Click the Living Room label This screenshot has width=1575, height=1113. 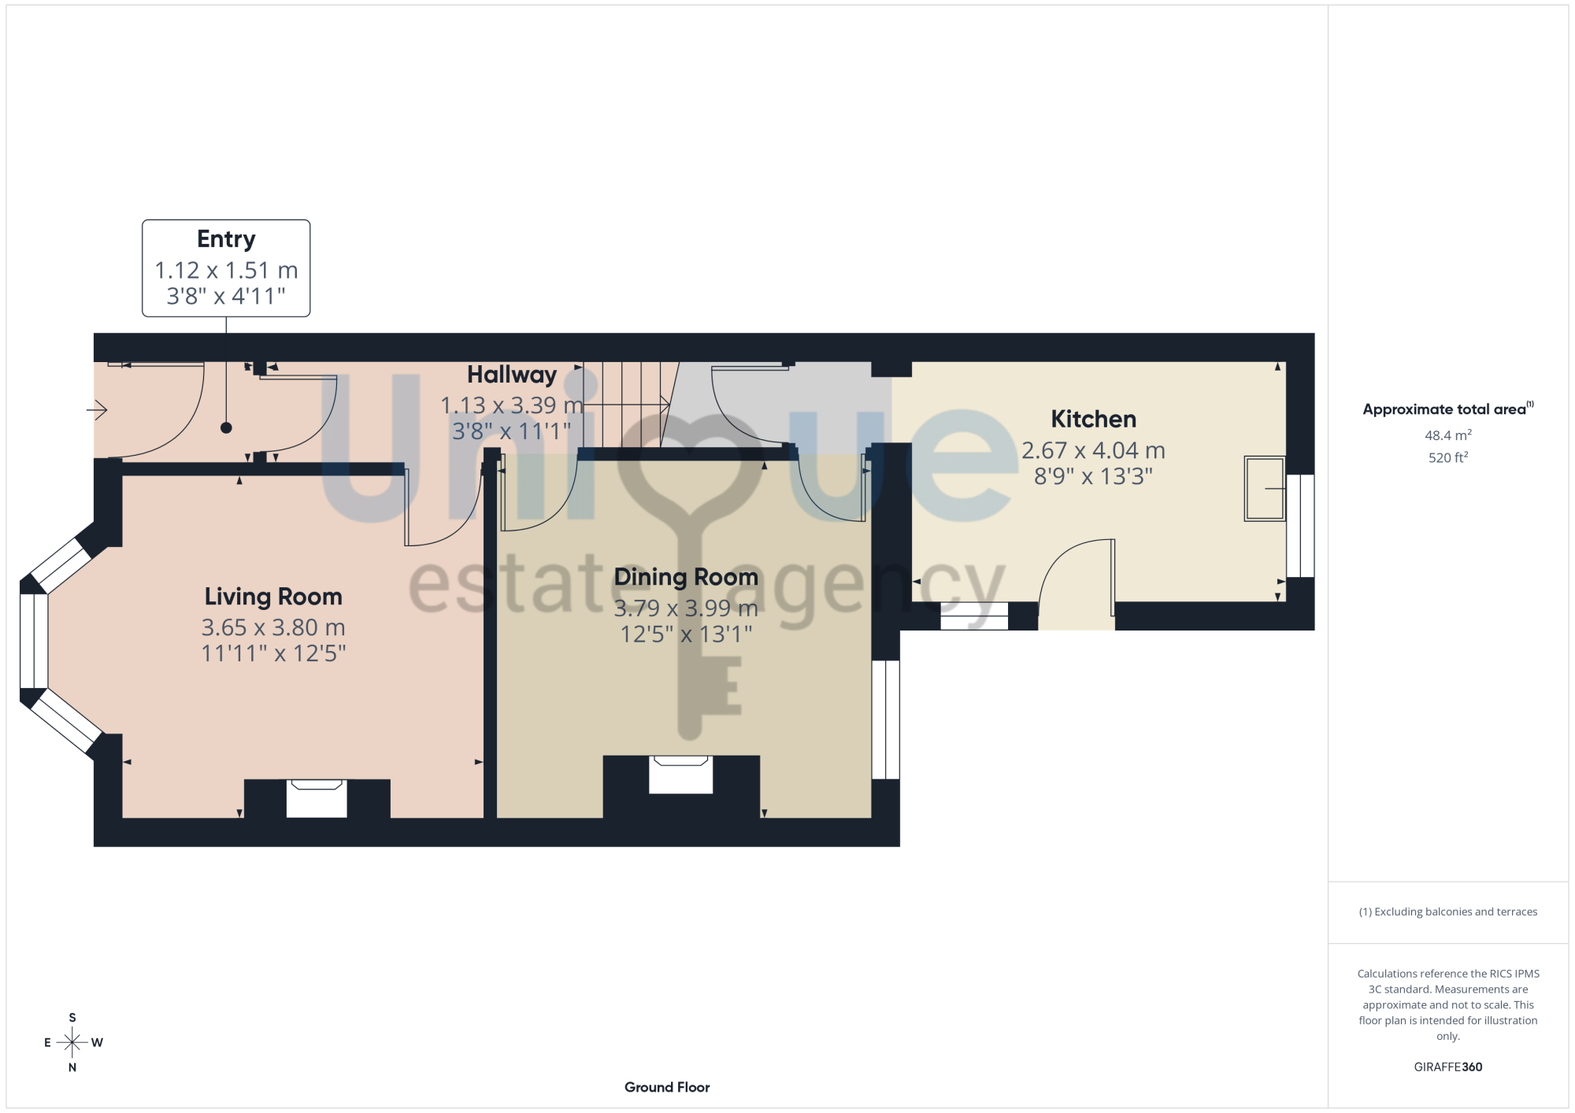pos(273,597)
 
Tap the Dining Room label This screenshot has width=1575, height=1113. pos(686,577)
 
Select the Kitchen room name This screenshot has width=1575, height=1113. pos(1093,419)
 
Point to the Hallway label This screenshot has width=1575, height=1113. pos(512,375)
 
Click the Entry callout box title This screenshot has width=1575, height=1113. pos(226,238)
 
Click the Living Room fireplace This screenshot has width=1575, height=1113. pos(317,798)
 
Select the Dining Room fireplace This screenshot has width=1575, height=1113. pos(681,775)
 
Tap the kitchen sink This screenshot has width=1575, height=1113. pos(1265,488)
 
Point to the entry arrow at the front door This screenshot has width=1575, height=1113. pos(97,409)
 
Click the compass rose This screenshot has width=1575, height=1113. pos(72,1043)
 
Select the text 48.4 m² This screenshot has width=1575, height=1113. pos(1447,435)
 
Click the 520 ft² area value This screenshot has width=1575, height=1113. pos(1447,457)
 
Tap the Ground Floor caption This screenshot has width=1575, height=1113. pos(667,1087)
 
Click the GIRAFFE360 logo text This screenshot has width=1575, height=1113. pos(1447,1067)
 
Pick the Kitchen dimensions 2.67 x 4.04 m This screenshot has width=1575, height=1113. pos(1093,450)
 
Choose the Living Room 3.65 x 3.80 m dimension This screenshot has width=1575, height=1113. pos(273,627)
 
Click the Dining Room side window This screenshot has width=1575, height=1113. pos(886,719)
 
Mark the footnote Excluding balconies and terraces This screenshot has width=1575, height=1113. pos(1447,911)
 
